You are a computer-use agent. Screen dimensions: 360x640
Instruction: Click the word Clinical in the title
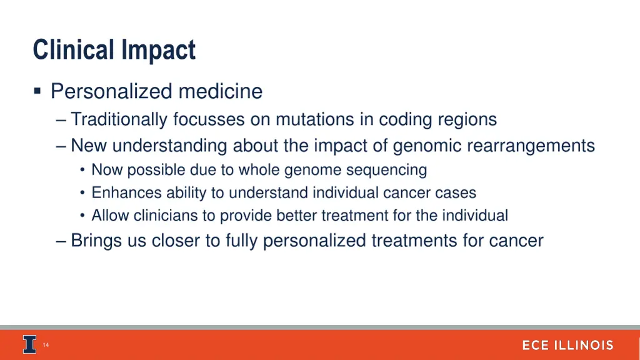click(x=69, y=50)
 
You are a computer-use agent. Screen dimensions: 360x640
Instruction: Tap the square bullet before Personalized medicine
click(x=37, y=92)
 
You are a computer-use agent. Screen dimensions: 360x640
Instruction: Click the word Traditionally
click(x=119, y=119)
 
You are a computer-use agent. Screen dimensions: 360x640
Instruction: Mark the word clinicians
click(x=167, y=216)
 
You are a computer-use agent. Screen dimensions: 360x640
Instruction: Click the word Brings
click(x=97, y=240)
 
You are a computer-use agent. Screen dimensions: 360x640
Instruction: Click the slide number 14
click(x=46, y=346)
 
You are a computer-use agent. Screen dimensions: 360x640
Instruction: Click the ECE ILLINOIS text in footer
click(x=567, y=346)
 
